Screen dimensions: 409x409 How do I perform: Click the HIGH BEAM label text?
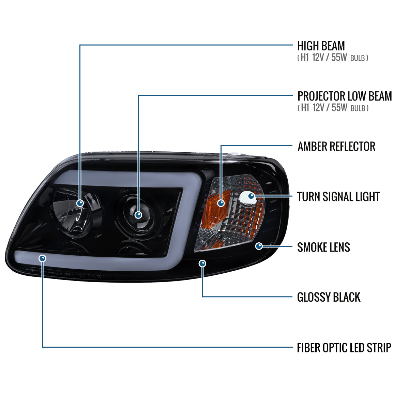(321, 46)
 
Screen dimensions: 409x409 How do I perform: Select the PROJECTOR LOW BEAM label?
(345, 96)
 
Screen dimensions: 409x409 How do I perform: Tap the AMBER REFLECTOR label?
(336, 147)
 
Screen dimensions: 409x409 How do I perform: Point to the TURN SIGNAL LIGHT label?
(338, 197)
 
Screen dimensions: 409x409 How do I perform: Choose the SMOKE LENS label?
(323, 247)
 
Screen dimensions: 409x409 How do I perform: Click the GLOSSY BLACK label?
(329, 297)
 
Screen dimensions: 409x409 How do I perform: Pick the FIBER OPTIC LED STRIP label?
(344, 348)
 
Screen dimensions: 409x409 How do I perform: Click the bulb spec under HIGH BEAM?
(333, 58)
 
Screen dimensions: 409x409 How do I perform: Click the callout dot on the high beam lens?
(80, 203)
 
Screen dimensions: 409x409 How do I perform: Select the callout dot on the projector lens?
(138, 215)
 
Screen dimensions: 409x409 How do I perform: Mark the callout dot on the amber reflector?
(221, 203)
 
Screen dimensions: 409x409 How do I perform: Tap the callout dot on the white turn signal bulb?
(251, 196)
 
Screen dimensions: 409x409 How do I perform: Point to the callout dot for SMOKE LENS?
(259, 246)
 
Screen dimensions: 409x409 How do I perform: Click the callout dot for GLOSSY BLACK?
(202, 263)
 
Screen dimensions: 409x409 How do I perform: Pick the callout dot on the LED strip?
(43, 258)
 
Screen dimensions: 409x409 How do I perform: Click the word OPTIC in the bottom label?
(330, 348)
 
